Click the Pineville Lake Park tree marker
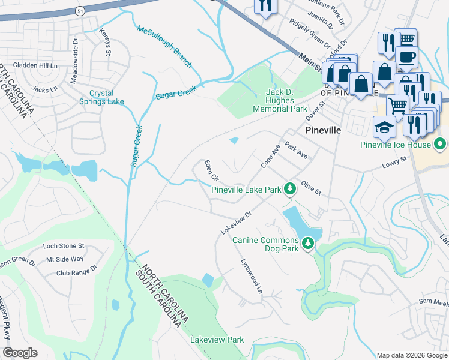pos(290,189)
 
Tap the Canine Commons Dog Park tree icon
pos(308,244)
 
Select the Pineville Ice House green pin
pos(440,145)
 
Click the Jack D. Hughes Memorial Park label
pos(280,101)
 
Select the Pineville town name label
pos(323,130)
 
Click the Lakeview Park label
pos(217,340)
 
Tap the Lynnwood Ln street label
pos(252,277)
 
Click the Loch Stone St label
pos(64,246)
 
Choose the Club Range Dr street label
pos(76,272)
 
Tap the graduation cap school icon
pos(384,127)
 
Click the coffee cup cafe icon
pos(406,57)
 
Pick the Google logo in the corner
pos(20,353)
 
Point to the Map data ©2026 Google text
pos(411,355)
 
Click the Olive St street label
pos(312,188)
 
